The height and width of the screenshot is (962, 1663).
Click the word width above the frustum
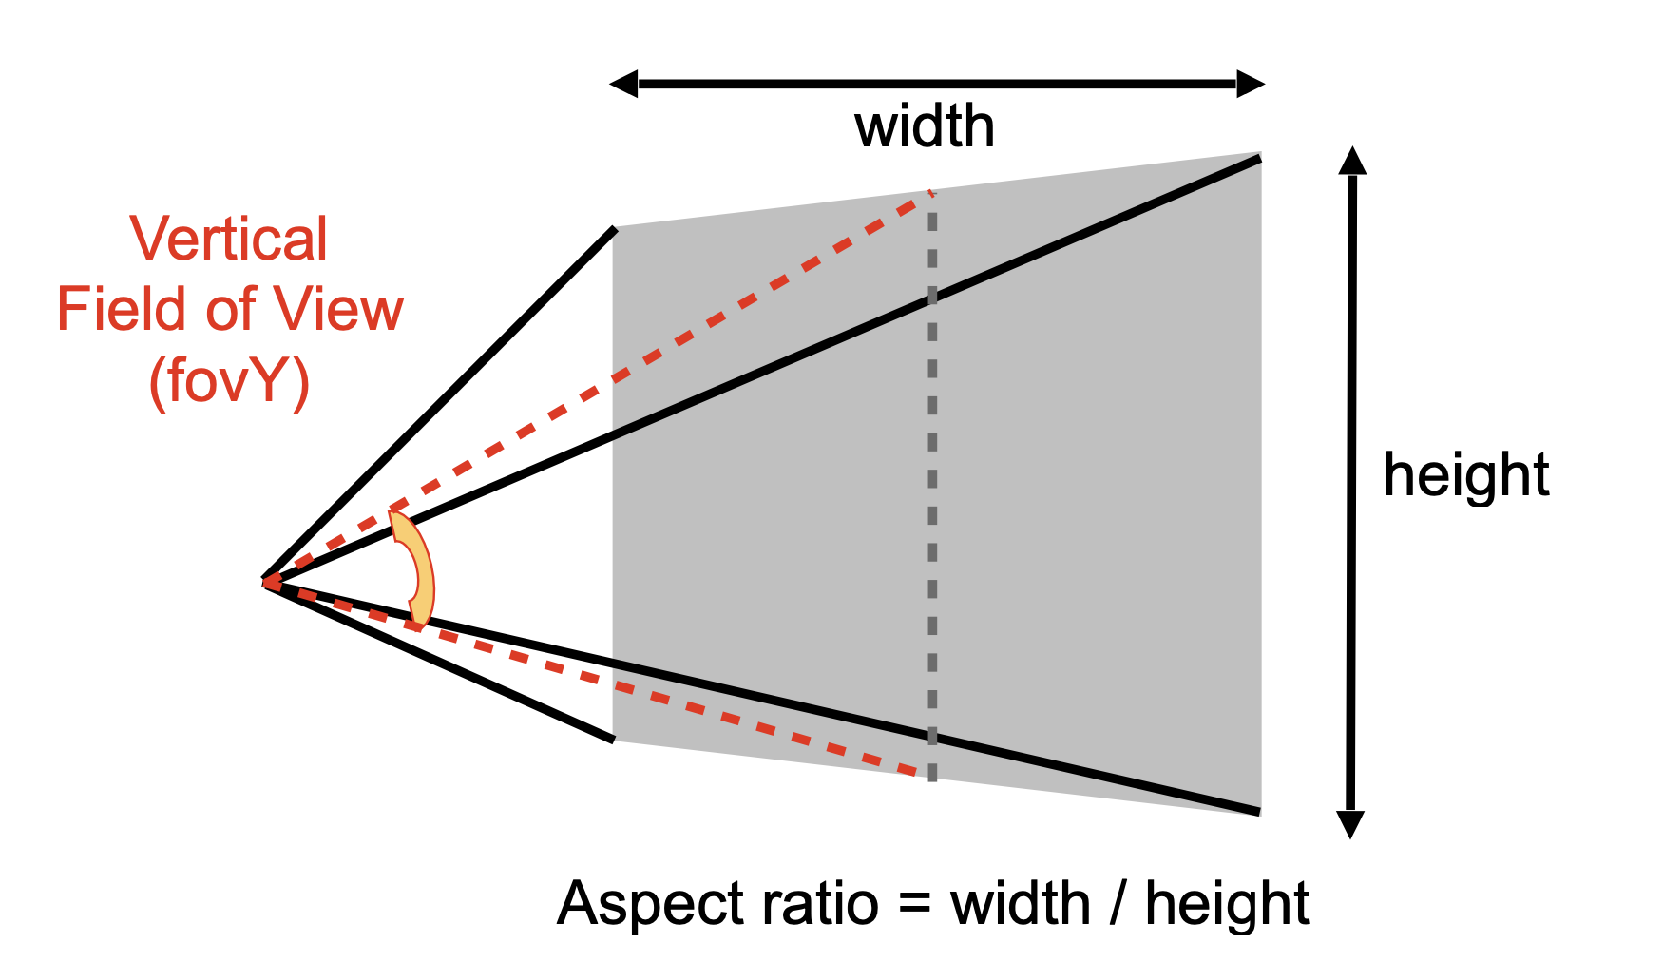(925, 126)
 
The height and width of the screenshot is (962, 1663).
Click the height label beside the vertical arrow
(1466, 474)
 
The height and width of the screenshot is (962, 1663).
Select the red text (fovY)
(230, 382)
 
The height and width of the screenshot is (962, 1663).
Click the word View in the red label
(339, 310)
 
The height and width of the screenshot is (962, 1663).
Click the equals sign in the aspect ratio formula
(913, 904)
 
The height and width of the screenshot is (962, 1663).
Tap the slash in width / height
(1118, 904)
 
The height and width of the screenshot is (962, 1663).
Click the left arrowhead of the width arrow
(623, 84)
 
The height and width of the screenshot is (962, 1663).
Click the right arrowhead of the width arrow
(1251, 84)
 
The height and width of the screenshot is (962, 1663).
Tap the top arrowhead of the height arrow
(1352, 161)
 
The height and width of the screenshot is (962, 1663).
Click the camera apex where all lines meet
(264, 582)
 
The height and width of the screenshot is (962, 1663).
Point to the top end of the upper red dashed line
(930, 194)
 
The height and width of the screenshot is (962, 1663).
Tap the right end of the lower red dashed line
(927, 774)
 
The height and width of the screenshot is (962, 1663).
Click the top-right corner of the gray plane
(1261, 152)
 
